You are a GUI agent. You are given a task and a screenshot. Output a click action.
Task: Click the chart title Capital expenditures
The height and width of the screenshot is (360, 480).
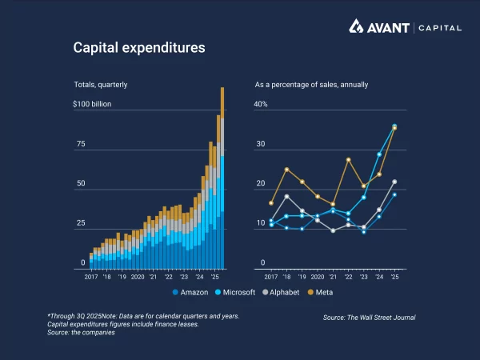139,48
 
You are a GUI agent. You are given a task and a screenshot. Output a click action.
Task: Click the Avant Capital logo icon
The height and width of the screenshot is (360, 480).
357,26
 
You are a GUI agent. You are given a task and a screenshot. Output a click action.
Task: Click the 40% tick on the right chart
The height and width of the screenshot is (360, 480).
261,105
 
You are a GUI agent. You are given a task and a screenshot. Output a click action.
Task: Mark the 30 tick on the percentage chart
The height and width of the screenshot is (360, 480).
259,144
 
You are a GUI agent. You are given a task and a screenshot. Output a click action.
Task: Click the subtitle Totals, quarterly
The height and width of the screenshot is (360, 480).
100,84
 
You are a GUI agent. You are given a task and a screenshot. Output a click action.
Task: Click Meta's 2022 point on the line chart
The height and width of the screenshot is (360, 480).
349,160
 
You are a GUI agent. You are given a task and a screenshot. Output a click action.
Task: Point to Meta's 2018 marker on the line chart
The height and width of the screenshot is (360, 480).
286,170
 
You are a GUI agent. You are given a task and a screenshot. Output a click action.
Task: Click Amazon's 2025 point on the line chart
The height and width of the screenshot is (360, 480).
394,194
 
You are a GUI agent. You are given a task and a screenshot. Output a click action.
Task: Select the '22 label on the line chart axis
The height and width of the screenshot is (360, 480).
348,276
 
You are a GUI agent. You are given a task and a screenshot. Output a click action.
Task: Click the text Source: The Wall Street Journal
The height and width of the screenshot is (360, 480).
369,318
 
